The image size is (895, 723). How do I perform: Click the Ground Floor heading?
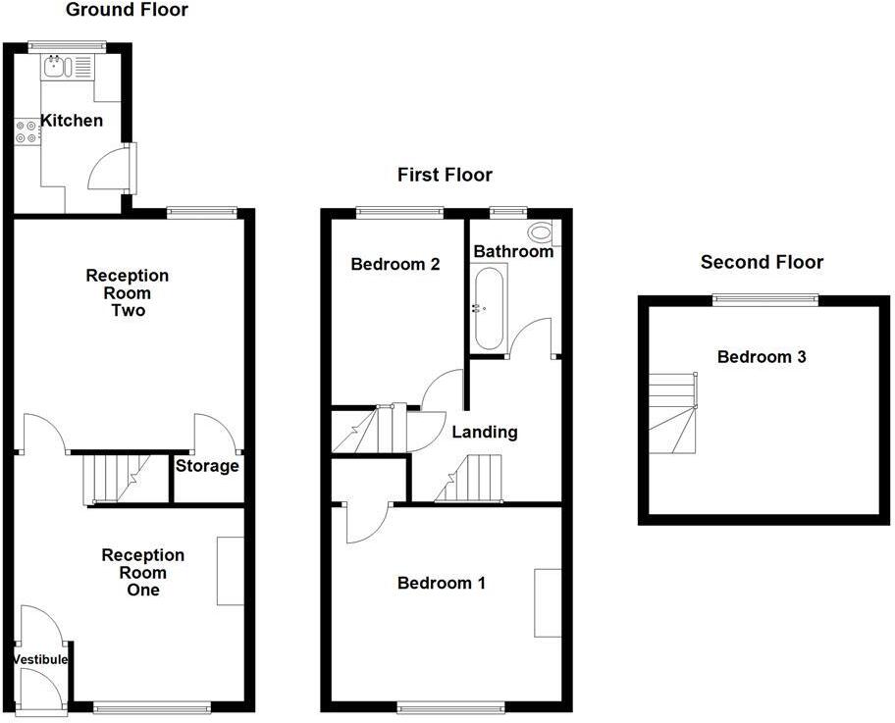[127, 11]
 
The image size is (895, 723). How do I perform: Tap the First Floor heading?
[445, 176]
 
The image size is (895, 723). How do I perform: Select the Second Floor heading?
[762, 262]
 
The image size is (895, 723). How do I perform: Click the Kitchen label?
[71, 122]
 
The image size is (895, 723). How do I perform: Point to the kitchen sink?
[54, 67]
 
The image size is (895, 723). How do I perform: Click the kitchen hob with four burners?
[27, 131]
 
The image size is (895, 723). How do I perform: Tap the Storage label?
[207, 466]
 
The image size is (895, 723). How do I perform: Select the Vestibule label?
[41, 659]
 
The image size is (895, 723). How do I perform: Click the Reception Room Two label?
[128, 293]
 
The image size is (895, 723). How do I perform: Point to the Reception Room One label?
[143, 573]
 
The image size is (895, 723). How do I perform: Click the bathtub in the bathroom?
[488, 309]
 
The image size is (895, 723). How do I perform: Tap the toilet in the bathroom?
[540, 233]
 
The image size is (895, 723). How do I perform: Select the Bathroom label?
[513, 252]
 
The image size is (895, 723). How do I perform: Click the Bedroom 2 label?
[395, 264]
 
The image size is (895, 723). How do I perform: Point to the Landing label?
[484, 432]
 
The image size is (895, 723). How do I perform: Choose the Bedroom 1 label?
[441, 584]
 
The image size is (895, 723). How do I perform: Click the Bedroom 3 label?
[762, 357]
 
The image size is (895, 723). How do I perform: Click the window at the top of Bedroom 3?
[764, 300]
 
